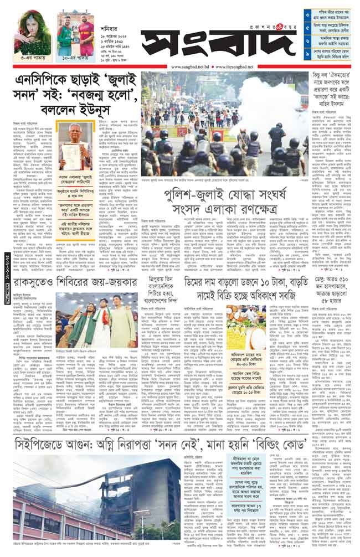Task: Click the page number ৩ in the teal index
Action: tap(308, 13)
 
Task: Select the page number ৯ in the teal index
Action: tap(308, 55)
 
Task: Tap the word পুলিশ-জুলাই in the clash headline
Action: tap(194, 195)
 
